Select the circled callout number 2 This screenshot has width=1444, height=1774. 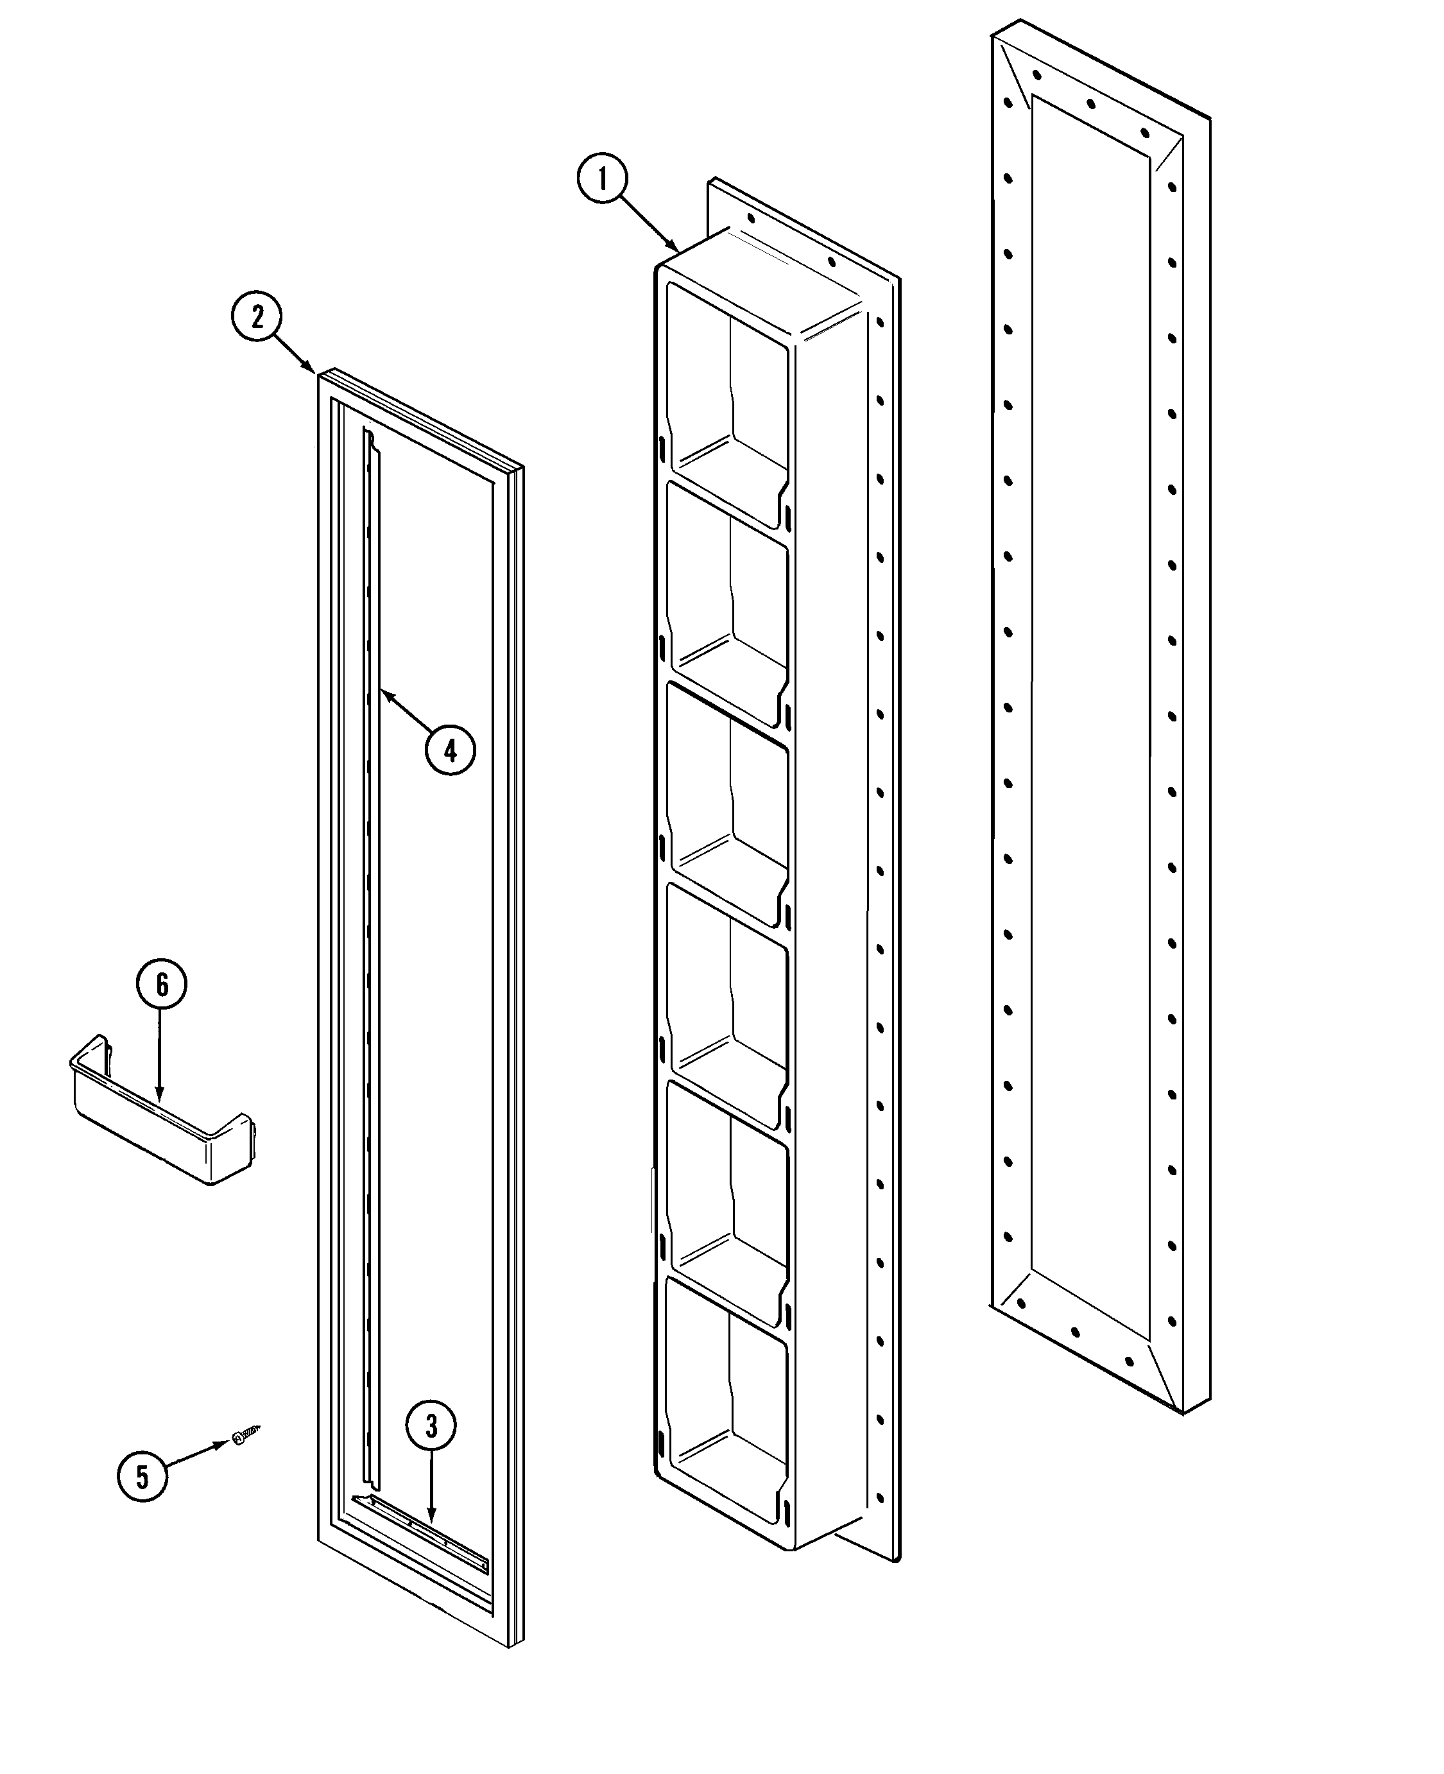[x=256, y=317]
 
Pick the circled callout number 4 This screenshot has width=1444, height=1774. [x=450, y=751]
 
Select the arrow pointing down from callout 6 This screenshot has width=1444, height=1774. [x=159, y=1056]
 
